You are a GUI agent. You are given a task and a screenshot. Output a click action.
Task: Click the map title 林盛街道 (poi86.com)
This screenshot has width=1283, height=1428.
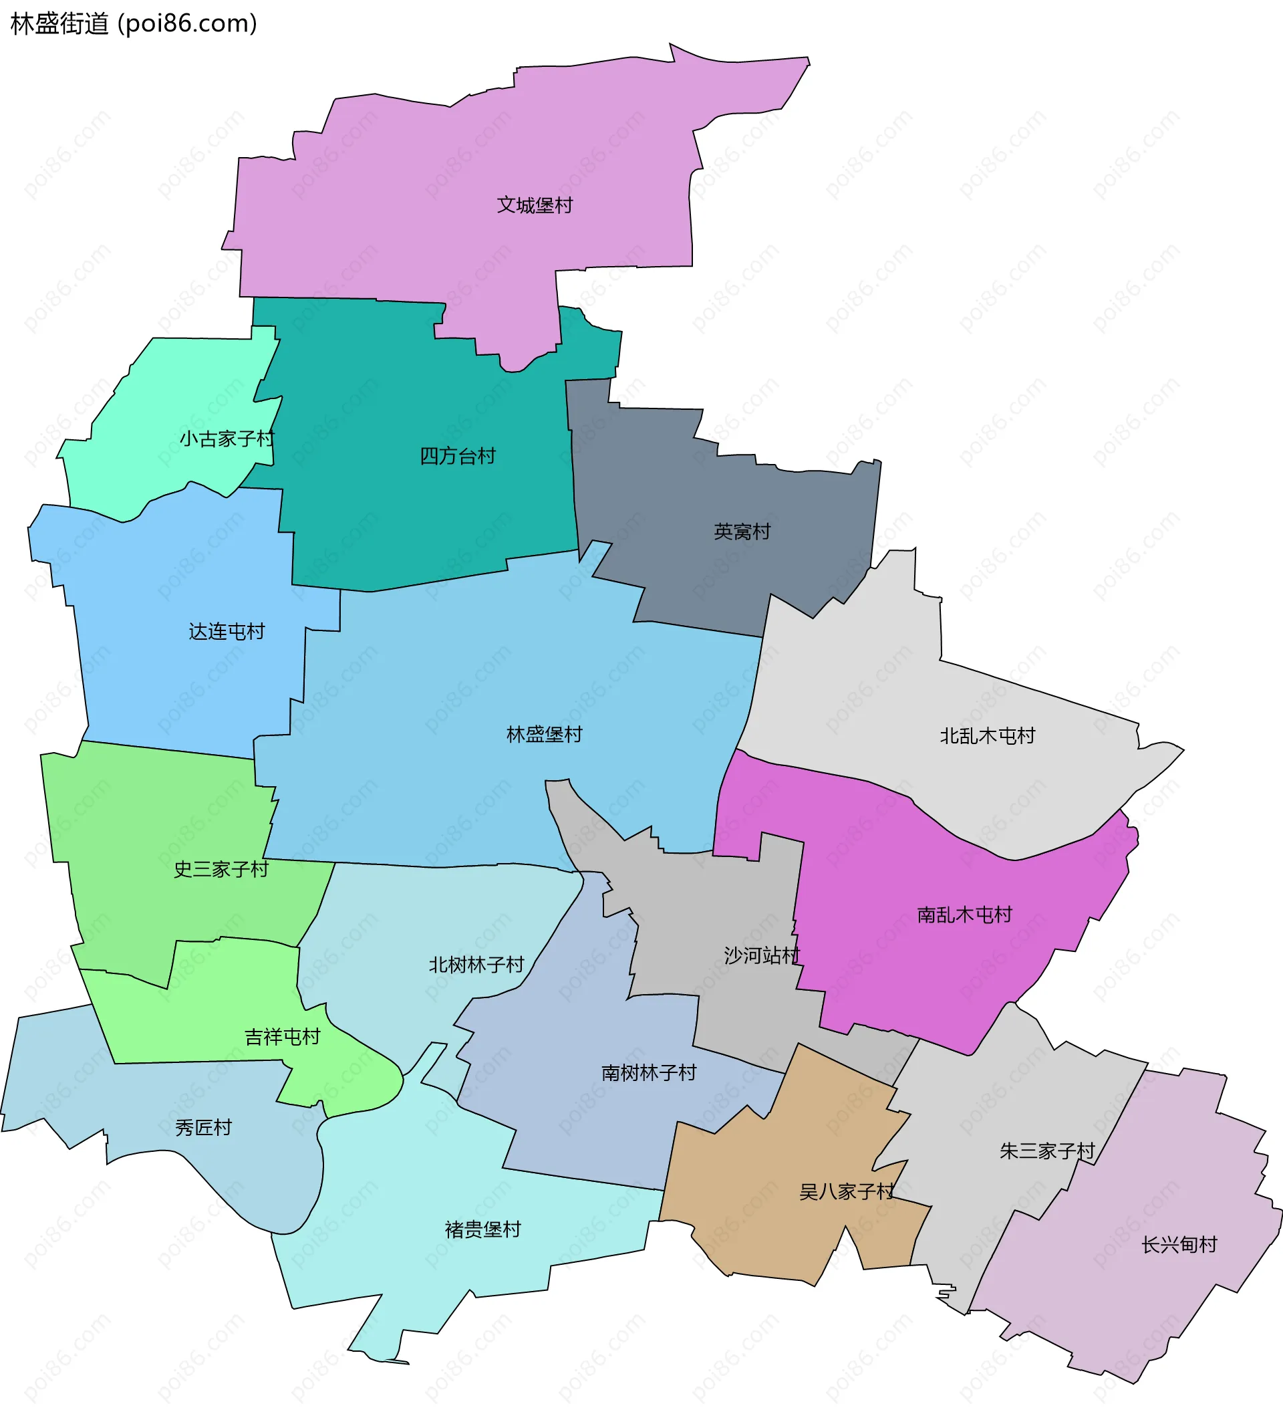click(x=134, y=24)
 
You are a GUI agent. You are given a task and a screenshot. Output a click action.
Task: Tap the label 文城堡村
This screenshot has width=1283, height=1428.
click(x=535, y=205)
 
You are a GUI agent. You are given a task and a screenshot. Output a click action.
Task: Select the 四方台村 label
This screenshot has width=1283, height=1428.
click(x=458, y=455)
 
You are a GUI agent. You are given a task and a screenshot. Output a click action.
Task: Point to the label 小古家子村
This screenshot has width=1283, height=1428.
click(x=227, y=439)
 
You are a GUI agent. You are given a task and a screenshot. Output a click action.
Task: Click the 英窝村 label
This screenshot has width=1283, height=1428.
click(x=742, y=531)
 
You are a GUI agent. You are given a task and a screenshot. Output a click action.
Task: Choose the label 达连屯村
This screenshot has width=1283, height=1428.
click(x=227, y=631)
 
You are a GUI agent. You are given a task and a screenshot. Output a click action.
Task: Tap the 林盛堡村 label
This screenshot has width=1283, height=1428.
click(x=544, y=734)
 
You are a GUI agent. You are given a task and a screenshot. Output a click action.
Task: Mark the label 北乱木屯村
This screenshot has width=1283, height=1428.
click(x=987, y=735)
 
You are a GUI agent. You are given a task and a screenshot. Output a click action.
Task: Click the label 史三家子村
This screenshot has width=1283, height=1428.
click(x=221, y=869)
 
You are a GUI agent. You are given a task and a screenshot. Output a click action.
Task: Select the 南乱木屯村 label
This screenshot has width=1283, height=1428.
click(x=964, y=915)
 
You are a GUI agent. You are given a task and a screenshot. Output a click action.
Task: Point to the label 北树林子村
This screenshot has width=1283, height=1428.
click(x=476, y=964)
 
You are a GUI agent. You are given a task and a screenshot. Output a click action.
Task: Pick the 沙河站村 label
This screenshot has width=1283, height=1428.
click(x=761, y=955)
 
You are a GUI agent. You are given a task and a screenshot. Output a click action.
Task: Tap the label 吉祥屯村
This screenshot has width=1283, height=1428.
click(x=282, y=1036)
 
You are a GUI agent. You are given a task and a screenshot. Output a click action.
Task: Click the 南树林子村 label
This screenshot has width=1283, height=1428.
click(x=649, y=1072)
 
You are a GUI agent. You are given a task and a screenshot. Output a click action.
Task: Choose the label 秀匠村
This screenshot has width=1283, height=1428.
click(x=203, y=1128)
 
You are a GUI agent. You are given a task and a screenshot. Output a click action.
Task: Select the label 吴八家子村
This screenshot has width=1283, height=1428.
click(x=846, y=1192)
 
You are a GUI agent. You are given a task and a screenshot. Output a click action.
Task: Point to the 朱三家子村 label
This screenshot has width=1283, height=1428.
click(x=1047, y=1151)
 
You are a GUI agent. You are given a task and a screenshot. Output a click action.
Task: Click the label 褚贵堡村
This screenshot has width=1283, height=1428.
click(x=483, y=1229)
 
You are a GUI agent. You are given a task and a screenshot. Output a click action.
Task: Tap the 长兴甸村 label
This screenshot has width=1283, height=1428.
click(x=1179, y=1245)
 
